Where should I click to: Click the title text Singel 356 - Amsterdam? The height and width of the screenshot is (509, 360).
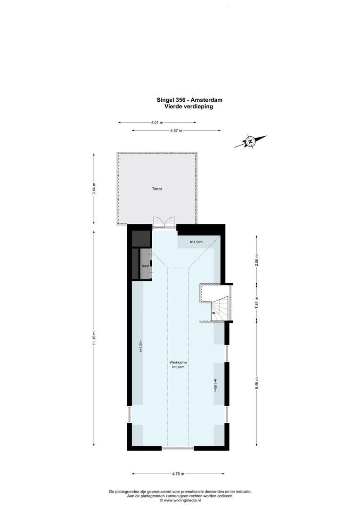(189, 100)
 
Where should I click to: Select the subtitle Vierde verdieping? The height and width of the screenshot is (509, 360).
(189, 107)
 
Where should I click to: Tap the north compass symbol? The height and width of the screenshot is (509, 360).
(251, 141)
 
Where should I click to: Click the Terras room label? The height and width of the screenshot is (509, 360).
(157, 189)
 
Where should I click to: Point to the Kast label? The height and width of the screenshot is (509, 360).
(146, 266)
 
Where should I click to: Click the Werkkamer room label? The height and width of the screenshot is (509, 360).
(180, 362)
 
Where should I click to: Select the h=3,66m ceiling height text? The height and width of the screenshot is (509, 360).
(180, 367)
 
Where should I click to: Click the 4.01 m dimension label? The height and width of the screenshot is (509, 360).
(157, 123)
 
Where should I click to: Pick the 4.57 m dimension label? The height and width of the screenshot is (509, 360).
(176, 131)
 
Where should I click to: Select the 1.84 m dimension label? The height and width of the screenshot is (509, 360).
(256, 302)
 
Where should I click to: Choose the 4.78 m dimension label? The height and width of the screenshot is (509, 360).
(178, 474)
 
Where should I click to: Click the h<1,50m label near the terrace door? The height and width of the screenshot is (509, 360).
(196, 242)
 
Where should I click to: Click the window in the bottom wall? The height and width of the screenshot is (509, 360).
(178, 448)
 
